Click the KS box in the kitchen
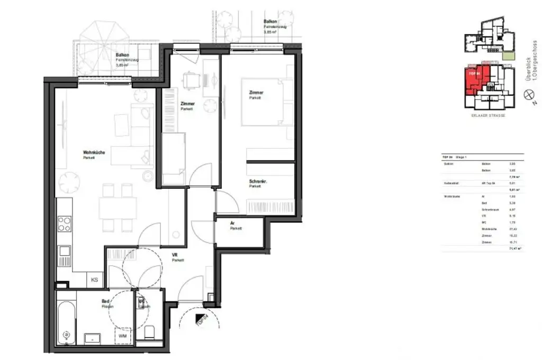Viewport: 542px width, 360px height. (x=95, y=280)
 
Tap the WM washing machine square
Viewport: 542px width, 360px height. (x=123, y=336)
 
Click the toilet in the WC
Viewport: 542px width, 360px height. (x=149, y=332)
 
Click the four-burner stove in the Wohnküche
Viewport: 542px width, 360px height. (x=65, y=224)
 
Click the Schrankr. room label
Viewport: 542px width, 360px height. (x=258, y=182)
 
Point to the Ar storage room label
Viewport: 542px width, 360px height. (x=233, y=223)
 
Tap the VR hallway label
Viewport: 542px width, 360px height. (x=175, y=255)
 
